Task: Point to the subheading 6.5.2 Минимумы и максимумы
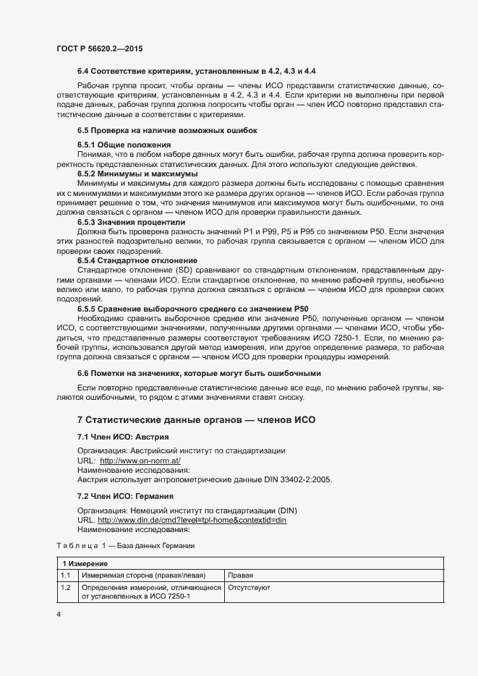[x=137, y=174]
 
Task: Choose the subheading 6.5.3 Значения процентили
[x=132, y=223]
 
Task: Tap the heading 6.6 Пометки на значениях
[x=199, y=373]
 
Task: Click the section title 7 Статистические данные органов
[x=196, y=420]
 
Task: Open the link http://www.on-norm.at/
[x=140, y=461]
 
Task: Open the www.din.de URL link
[x=192, y=521]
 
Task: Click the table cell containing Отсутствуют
[x=249, y=589]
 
